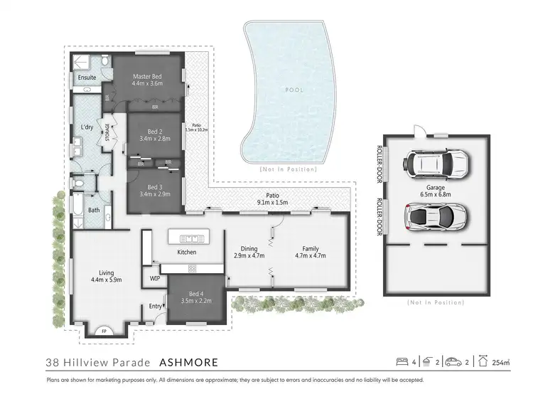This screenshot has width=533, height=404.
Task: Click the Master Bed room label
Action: click(x=147, y=76)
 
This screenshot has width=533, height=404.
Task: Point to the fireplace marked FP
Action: click(x=104, y=330)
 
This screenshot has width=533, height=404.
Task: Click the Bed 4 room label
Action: click(x=195, y=293)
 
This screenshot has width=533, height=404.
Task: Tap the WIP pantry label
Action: click(x=155, y=279)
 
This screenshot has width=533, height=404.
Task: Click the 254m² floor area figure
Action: click(x=502, y=363)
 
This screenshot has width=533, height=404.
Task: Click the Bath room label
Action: click(x=94, y=210)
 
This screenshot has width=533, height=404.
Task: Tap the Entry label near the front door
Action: click(x=154, y=306)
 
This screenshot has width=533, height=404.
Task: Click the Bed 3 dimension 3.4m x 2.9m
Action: click(x=155, y=193)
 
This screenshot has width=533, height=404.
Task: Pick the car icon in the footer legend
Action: click(x=453, y=362)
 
